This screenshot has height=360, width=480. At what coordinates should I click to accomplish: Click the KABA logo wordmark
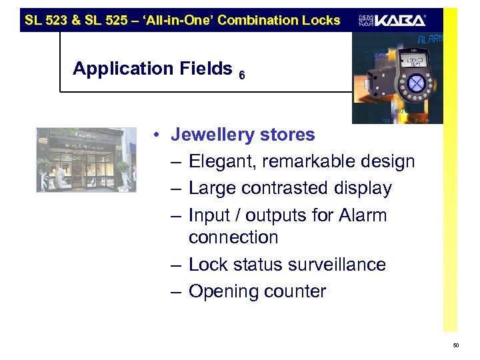(x=399, y=20)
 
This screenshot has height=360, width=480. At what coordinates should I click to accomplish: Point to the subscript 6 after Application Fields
(x=241, y=76)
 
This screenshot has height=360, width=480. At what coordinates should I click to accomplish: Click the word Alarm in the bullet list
(x=363, y=215)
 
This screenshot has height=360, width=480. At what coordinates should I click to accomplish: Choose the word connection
(x=233, y=237)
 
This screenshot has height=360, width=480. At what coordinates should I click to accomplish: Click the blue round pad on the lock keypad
(x=416, y=83)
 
